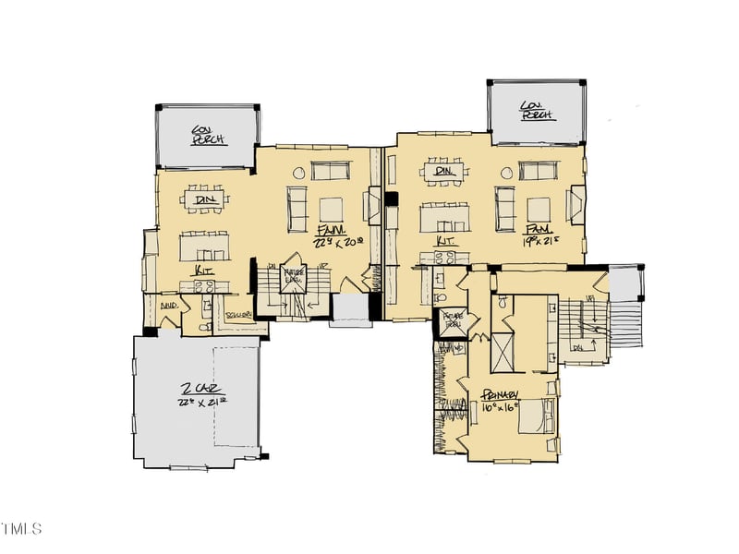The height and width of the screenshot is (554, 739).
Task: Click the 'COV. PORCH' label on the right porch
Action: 537,111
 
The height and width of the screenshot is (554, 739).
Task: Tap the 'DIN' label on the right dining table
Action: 440,171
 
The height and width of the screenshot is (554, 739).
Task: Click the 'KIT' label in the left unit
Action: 204,271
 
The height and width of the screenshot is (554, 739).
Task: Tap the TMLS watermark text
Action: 21,529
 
